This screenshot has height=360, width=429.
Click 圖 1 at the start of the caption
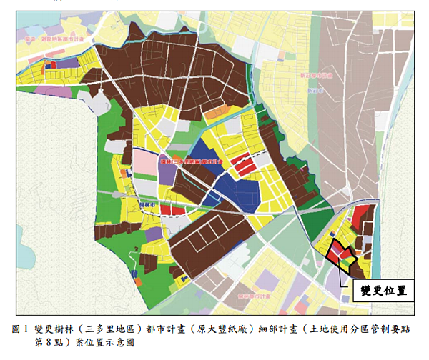[x=19, y=329]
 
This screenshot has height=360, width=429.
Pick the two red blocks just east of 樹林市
[x=169, y=209]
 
